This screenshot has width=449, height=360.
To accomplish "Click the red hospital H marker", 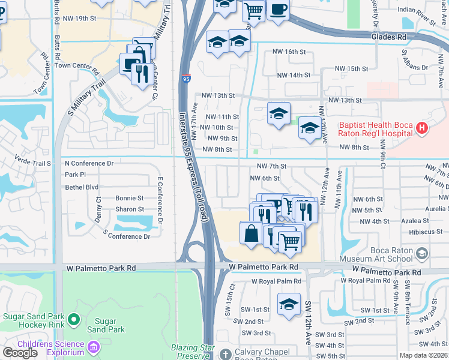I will [x=422, y=128].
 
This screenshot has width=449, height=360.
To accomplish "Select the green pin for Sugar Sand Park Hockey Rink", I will [x=74, y=319].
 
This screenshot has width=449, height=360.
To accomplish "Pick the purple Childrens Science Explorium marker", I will [x=93, y=347].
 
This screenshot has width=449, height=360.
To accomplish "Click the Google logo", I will [x=20, y=353].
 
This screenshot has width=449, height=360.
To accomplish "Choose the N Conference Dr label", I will [x=89, y=163].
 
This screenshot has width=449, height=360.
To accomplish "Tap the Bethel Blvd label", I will [x=81, y=187].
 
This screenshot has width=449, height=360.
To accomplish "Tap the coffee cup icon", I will [x=279, y=10].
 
